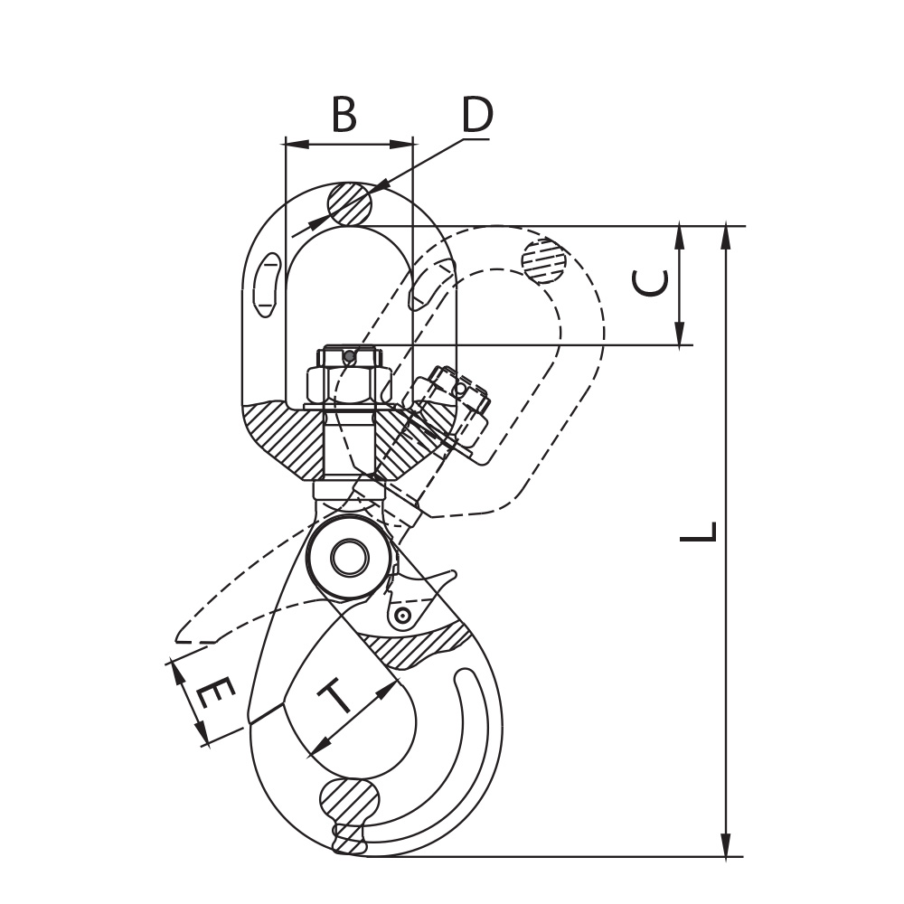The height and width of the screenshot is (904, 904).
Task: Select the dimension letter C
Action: point(650,283)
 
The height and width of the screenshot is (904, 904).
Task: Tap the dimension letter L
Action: point(699,532)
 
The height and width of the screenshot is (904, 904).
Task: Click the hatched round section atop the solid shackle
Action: point(349,203)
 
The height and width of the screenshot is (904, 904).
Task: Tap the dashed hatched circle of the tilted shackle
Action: point(544,260)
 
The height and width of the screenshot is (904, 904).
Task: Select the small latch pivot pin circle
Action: point(402,617)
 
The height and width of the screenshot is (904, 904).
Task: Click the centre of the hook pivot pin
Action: point(350,558)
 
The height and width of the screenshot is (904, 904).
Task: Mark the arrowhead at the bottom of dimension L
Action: point(728,844)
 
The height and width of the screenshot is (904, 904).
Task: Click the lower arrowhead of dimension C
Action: point(681,334)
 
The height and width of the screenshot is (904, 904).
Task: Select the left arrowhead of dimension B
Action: point(297,144)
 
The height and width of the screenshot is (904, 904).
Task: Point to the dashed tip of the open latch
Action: point(184,636)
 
